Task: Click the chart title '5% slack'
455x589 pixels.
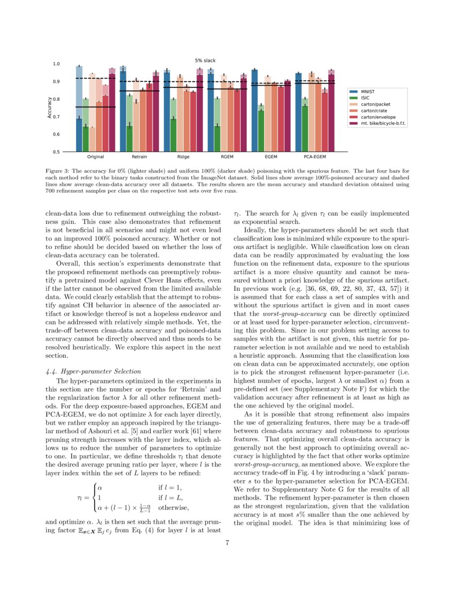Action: click(205, 61)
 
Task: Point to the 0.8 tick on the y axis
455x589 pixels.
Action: click(56, 99)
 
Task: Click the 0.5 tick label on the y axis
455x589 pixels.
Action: click(56, 152)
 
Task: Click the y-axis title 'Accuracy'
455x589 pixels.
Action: click(49, 108)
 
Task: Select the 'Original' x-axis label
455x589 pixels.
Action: click(95, 157)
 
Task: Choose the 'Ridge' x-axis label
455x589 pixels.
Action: click(183, 157)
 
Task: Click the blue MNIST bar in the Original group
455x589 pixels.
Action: click(79, 134)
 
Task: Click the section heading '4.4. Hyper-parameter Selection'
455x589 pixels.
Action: click(94, 371)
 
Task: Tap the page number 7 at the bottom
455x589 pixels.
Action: click(227, 543)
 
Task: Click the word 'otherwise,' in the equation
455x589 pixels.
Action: click(174, 508)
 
